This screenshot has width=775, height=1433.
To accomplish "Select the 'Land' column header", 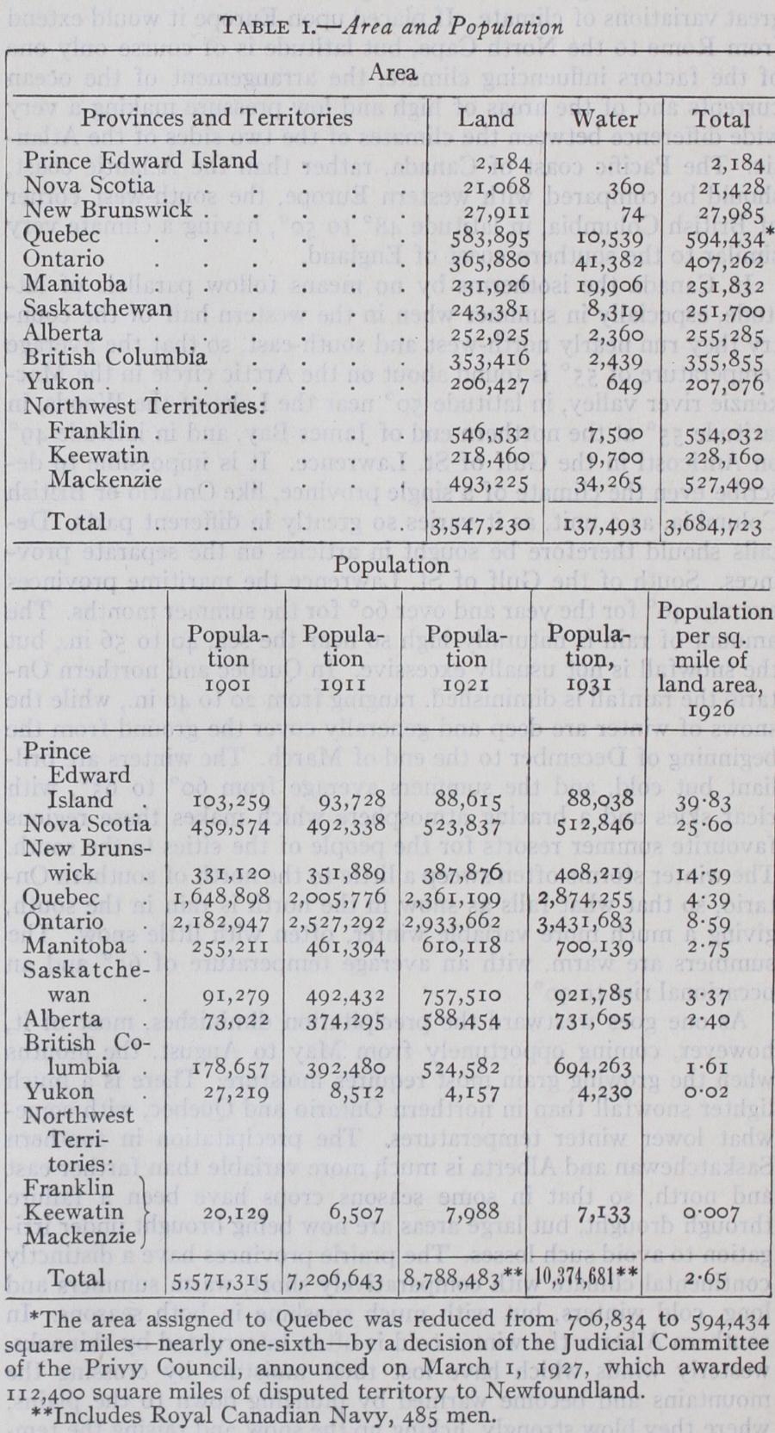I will (x=487, y=118).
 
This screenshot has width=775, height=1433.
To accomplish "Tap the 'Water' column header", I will (x=604, y=118).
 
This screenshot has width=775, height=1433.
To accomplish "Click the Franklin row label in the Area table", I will (x=95, y=430).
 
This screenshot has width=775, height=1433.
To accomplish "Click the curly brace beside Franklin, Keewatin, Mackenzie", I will (x=146, y=1213).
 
